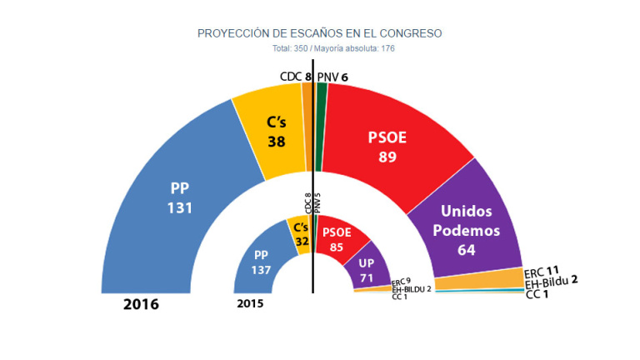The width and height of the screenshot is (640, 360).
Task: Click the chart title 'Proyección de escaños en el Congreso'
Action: (x=319, y=33)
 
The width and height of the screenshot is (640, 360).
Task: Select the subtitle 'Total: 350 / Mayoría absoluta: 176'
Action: (x=320, y=48)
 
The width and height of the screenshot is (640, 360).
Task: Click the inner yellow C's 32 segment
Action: (x=299, y=234)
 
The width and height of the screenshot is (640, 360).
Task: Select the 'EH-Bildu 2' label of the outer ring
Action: (x=550, y=282)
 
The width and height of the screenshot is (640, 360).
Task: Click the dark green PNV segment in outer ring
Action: (x=321, y=116)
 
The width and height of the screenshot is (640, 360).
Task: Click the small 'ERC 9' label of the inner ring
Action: (x=402, y=281)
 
